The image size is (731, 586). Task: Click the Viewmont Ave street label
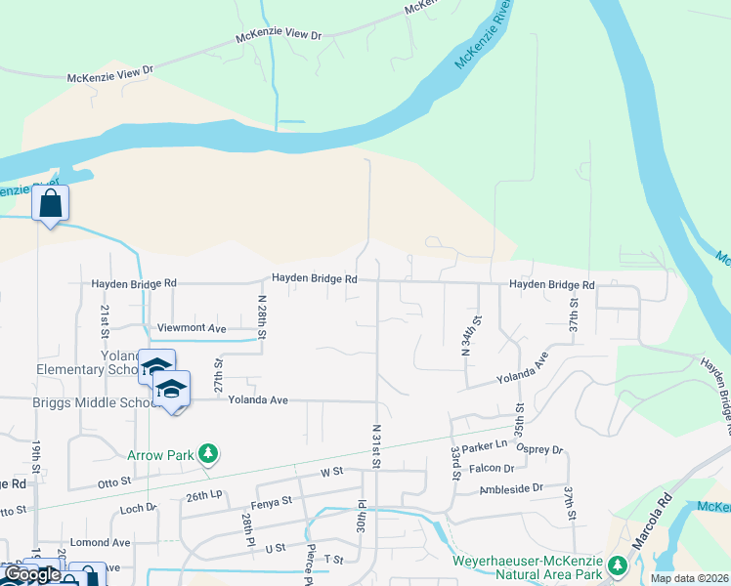click(x=192, y=328)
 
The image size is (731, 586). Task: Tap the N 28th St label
click(x=262, y=317)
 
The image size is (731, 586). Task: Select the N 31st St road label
click(x=375, y=444)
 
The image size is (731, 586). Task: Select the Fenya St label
click(x=273, y=502)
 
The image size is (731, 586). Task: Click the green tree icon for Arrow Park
click(x=207, y=454)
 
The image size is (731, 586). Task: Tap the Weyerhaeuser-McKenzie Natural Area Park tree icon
click(x=617, y=565)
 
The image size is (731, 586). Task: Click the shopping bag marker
click(x=50, y=205)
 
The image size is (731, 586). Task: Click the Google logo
click(x=31, y=575)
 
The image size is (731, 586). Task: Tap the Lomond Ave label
click(x=107, y=542)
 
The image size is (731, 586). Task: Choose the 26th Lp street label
click(x=203, y=497)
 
